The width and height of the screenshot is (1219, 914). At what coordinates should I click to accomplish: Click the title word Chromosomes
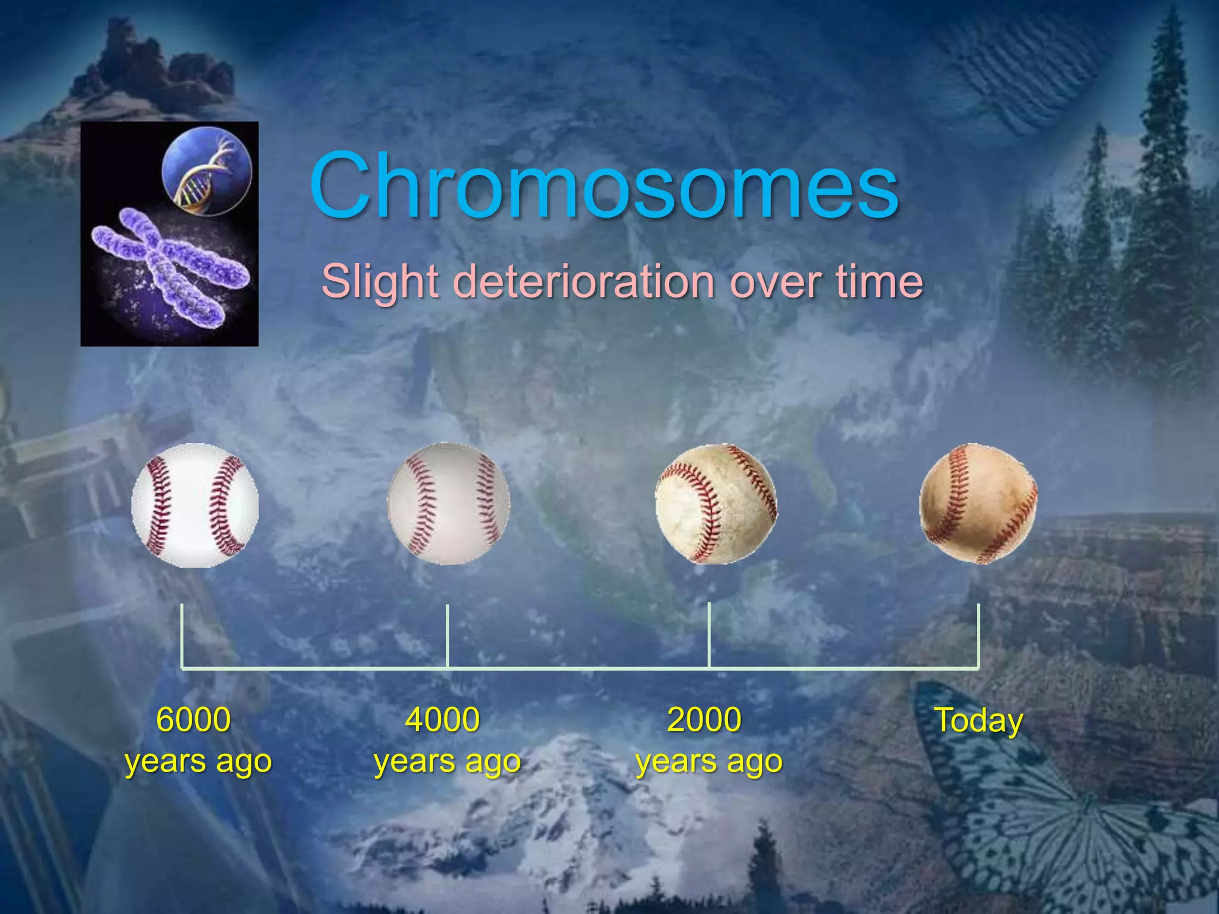[604, 186]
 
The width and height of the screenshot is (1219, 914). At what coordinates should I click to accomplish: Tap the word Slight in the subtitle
[380, 281]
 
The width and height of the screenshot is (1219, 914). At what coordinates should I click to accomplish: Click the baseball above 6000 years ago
[195, 505]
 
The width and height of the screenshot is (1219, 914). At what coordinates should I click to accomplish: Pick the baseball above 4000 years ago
[449, 503]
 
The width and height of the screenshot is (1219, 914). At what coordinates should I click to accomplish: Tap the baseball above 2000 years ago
[715, 503]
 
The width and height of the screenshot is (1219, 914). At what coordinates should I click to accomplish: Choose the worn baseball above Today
[978, 503]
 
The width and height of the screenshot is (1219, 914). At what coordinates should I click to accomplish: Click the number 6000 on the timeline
[193, 719]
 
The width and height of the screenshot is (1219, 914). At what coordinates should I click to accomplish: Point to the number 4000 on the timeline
[442, 719]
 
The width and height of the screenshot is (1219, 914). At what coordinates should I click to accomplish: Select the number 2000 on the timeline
[704, 719]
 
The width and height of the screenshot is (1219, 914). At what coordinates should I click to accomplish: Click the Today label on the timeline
[979, 721]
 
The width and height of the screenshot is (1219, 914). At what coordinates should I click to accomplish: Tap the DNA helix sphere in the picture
[207, 171]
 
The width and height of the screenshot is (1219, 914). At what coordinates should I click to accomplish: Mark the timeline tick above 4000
[448, 636]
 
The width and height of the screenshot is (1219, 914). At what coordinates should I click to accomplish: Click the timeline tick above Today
[979, 636]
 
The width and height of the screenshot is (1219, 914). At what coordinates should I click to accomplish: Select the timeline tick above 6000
[182, 636]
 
